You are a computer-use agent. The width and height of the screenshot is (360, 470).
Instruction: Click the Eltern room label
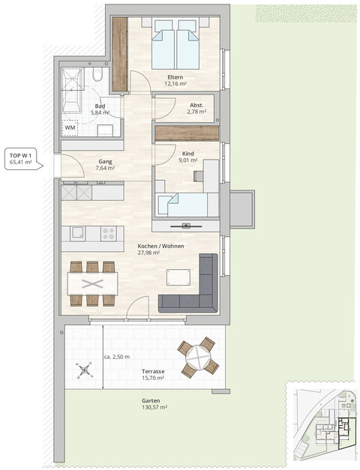click(176, 76)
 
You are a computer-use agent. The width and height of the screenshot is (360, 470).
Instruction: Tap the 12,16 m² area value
click(176, 84)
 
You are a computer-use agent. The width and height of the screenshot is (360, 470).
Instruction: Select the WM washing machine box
click(70, 128)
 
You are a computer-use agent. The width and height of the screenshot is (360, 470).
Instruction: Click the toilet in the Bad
click(97, 77)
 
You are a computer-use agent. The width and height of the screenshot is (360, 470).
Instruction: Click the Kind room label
click(187, 152)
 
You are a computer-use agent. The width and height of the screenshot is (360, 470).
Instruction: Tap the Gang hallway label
click(105, 161)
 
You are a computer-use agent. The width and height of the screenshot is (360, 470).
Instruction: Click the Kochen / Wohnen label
click(160, 245)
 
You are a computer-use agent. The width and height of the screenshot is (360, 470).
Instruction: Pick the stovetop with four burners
click(108, 233)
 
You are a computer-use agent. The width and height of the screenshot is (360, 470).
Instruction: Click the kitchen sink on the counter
click(78, 233)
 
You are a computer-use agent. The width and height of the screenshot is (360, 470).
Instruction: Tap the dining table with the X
click(92, 283)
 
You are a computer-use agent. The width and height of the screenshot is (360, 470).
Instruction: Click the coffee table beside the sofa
click(178, 277)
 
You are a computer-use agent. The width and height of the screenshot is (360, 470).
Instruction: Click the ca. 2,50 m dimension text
click(117, 357)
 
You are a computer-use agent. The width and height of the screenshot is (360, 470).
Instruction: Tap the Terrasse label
click(154, 371)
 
